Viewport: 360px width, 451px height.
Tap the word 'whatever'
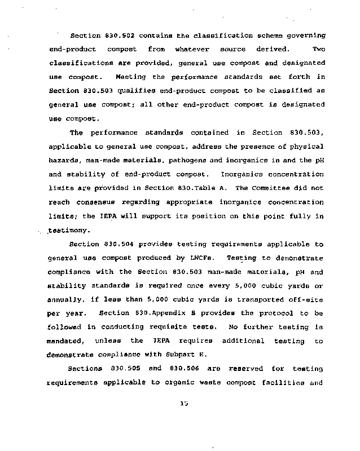[x=192, y=49]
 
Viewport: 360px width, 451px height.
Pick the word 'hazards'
[x=65, y=160]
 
